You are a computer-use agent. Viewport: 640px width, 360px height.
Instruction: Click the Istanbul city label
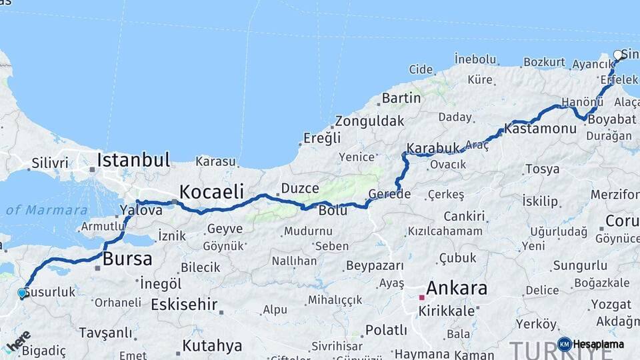[133, 160]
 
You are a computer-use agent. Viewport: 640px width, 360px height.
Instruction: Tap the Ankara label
[457, 289]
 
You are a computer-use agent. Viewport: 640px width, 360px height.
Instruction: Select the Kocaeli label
[211, 191]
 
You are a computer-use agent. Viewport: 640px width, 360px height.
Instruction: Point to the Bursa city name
[127, 259]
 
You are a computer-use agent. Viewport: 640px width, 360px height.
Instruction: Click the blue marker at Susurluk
[22, 293]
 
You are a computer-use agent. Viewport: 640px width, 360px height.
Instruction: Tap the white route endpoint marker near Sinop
[617, 55]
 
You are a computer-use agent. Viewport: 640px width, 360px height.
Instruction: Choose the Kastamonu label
[540, 128]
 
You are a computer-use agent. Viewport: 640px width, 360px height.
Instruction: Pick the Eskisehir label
[184, 305]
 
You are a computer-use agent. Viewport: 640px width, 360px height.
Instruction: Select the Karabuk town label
[433, 147]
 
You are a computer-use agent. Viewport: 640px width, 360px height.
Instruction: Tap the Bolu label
[333, 210]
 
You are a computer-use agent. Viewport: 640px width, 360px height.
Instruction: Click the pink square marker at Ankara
[421, 298]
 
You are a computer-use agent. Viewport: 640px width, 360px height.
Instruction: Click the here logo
[17, 341]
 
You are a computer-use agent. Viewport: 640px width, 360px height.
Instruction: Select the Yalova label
[141, 210]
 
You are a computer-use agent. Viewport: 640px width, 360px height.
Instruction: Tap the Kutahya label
[212, 345]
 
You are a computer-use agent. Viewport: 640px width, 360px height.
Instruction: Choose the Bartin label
[401, 98]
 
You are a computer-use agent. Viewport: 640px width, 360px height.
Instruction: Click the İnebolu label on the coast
[475, 59]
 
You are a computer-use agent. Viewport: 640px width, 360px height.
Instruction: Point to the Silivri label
[50, 163]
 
